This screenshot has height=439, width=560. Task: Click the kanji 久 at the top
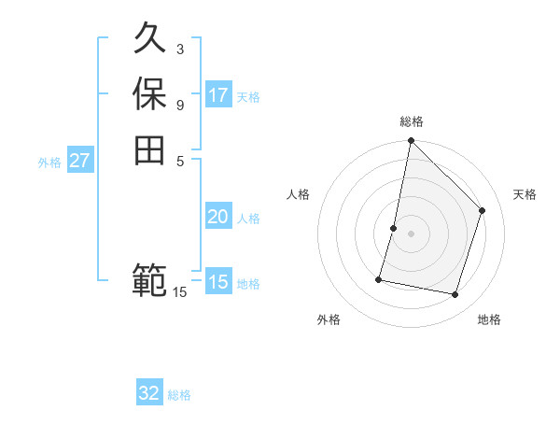pos(149,39)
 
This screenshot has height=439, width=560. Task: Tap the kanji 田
pos(149,149)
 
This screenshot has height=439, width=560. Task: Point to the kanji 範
pos(149,278)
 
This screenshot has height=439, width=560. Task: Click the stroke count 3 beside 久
pos(180,49)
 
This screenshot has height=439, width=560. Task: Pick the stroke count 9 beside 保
pos(180,104)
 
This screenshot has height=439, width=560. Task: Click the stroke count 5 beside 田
pos(180,160)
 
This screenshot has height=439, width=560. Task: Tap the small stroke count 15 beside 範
pos(180,292)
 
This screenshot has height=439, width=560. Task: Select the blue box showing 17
pos(218,94)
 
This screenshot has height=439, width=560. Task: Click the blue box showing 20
pos(218,217)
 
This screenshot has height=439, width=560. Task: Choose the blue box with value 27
pos(80,161)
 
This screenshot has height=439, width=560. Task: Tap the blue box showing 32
pos(149,393)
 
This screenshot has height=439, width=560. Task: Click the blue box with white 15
pos(218,282)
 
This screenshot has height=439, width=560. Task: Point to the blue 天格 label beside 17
pos(248,97)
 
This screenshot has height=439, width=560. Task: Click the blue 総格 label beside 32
pos(179,395)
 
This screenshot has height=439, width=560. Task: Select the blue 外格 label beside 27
pos(49,163)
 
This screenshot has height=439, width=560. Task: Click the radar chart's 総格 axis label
pos(411,121)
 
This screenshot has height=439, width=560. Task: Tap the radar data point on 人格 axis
pos(394,228)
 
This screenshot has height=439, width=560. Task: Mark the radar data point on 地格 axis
pos(455,294)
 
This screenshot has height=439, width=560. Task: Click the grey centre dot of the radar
pos(411,234)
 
